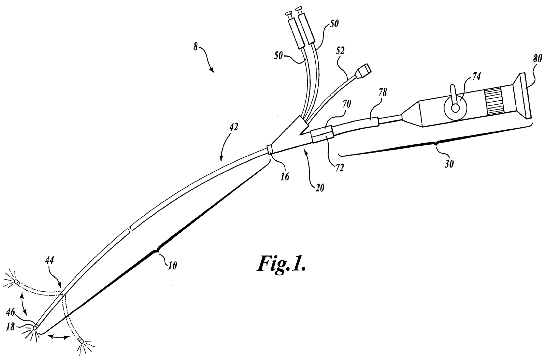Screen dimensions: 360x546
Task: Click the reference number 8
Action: [195, 47]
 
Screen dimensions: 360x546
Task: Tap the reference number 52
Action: [340, 51]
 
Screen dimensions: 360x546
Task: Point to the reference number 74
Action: [475, 77]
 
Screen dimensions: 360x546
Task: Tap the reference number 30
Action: [449, 164]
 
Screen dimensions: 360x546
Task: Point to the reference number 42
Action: [234, 128]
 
